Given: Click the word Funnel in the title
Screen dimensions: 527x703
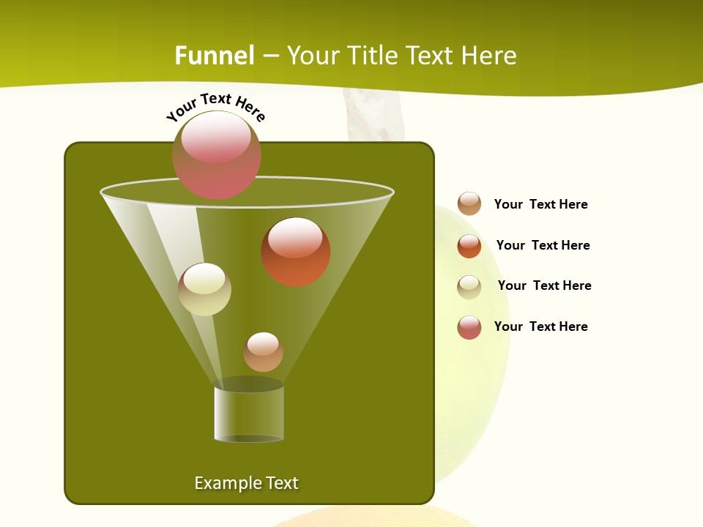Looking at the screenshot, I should pyautogui.click(x=215, y=56).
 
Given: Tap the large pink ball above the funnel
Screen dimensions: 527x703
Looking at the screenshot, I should pyautogui.click(x=217, y=155).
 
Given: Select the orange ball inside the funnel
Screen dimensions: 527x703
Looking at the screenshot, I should pyautogui.click(x=296, y=252).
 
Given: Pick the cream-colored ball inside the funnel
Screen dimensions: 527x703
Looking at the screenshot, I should pyautogui.click(x=204, y=289).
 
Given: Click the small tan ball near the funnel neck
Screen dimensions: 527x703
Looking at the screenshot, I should pyautogui.click(x=263, y=352).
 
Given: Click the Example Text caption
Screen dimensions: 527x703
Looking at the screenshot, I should pyautogui.click(x=246, y=483).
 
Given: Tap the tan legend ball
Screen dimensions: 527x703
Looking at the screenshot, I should pyautogui.click(x=469, y=203).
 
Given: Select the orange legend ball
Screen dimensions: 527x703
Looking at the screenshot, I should pyautogui.click(x=469, y=245).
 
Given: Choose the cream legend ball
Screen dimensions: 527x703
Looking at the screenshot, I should pyautogui.click(x=469, y=286).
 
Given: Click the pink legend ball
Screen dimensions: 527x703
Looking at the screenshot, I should pyautogui.click(x=469, y=327).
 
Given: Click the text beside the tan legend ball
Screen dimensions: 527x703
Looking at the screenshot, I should pyautogui.click(x=540, y=204).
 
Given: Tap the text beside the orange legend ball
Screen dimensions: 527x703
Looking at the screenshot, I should pyautogui.click(x=543, y=245).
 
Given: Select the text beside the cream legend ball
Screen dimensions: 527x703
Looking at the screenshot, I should pyautogui.click(x=544, y=285).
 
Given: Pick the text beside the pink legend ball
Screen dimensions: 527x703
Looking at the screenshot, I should pyautogui.click(x=540, y=326).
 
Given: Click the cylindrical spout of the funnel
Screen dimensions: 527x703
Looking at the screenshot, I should pyautogui.click(x=249, y=414).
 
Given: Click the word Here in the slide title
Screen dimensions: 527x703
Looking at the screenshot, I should pyautogui.click(x=490, y=56).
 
